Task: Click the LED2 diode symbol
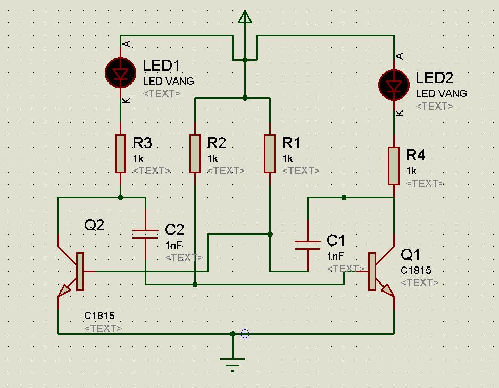pyautogui.click(x=394, y=85)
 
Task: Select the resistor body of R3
pyautogui.click(x=121, y=154)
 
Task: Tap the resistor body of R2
pyautogui.click(x=195, y=154)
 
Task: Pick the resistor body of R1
pyautogui.click(x=270, y=154)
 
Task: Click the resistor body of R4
pyautogui.click(x=394, y=166)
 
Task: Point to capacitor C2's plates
pyautogui.click(x=145, y=233)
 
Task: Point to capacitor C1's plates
pyautogui.click(x=307, y=245)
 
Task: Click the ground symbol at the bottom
pyautogui.click(x=232, y=363)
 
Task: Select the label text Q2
pyautogui.click(x=94, y=225)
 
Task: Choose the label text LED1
pyautogui.click(x=161, y=66)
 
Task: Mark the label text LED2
pyautogui.click(x=434, y=78)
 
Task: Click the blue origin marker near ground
pyautogui.click(x=245, y=334)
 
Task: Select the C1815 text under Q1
pyautogui.click(x=416, y=270)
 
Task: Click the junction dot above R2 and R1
pyautogui.click(x=245, y=98)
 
